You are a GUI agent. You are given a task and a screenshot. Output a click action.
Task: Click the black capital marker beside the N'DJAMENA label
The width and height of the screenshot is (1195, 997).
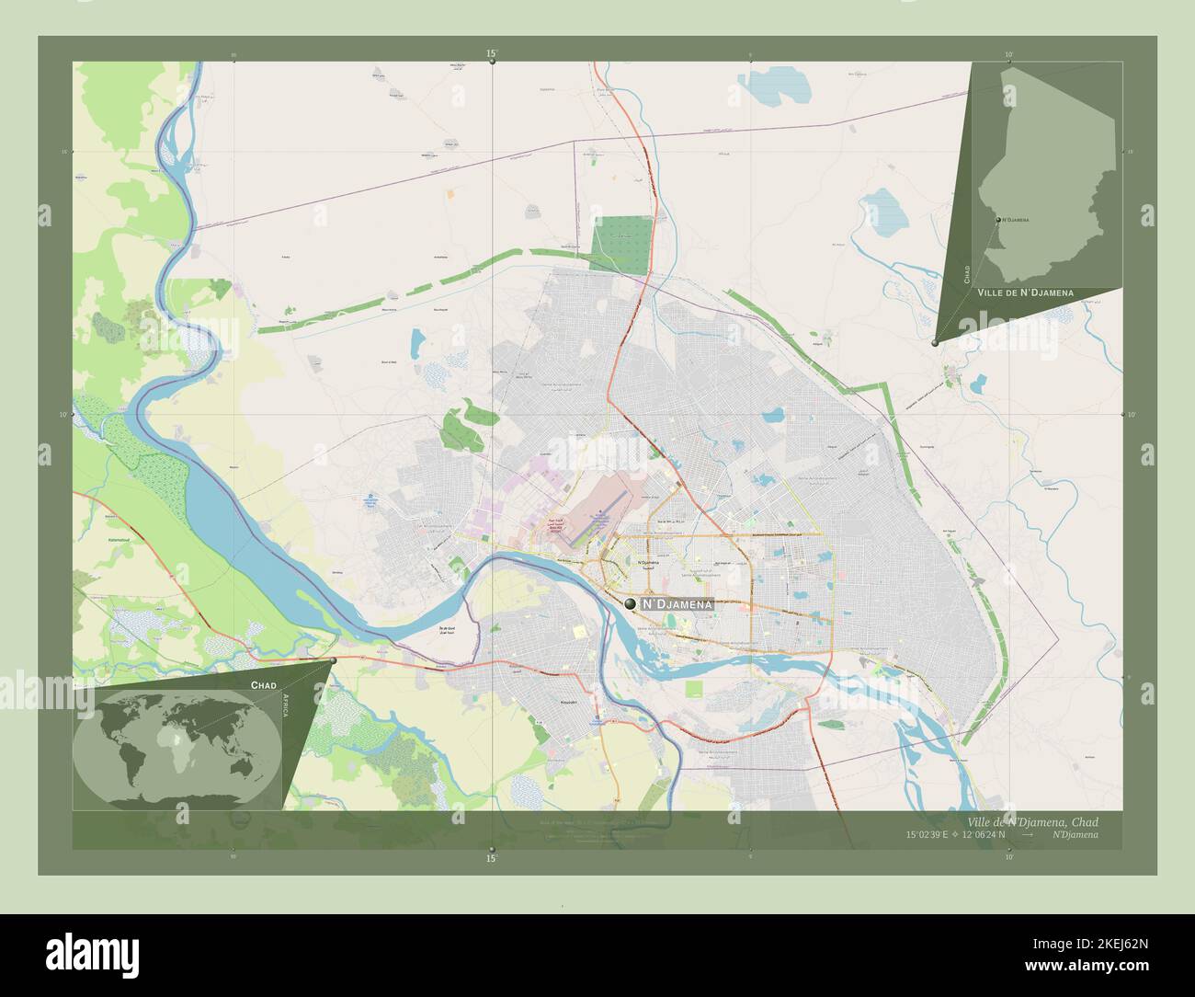(630, 603)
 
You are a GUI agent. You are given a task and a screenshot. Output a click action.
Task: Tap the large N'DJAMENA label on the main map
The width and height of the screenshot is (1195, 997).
(677, 604)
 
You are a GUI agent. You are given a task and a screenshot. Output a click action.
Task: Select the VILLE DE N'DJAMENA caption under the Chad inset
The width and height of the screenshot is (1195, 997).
(1025, 292)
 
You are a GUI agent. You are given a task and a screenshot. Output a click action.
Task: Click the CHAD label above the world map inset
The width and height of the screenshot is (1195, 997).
(265, 685)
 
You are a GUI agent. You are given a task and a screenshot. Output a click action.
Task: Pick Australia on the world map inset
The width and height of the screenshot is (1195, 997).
(242, 764)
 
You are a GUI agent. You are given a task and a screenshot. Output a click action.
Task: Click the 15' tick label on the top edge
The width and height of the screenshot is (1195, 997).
(492, 55)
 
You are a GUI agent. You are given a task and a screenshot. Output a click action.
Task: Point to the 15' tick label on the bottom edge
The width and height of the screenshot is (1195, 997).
(492, 858)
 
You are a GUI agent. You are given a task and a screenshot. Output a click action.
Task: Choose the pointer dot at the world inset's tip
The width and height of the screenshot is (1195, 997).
(333, 660)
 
